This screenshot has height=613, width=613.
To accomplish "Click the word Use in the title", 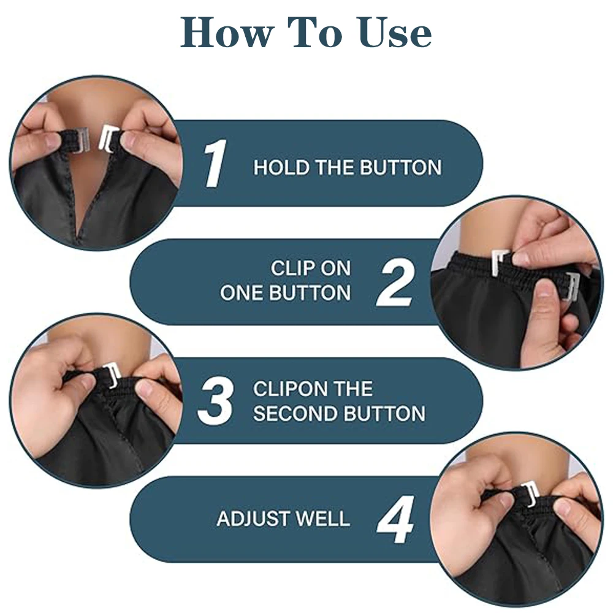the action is point(395,33).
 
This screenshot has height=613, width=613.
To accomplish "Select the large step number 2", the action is point(395,282).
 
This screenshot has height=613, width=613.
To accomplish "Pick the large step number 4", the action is point(395,520).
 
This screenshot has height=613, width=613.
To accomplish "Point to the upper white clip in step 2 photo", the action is point(500,261).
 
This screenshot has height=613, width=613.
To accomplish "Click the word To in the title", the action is point(314,33).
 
